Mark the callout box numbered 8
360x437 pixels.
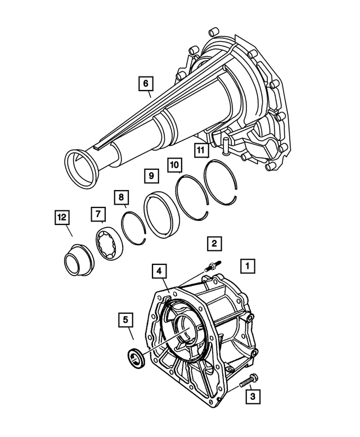click(x=119, y=197)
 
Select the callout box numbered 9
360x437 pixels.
click(x=151, y=175)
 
